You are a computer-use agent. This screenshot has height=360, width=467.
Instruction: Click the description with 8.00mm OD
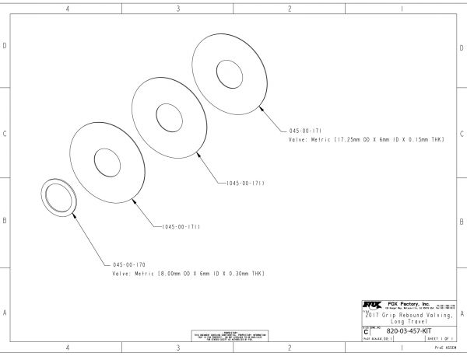[x=190, y=274]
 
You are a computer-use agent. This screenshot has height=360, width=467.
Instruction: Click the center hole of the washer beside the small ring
[x=108, y=162]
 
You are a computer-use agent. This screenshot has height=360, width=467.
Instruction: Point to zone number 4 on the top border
[x=68, y=9]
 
